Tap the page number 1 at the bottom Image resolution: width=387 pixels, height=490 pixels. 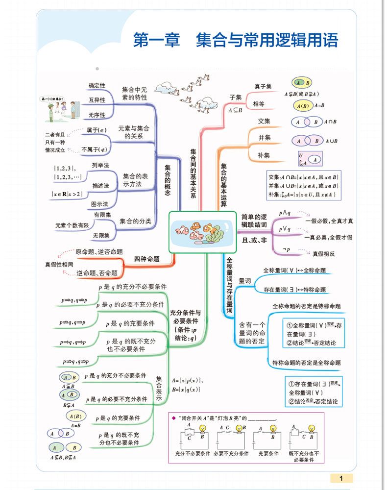coord(341,478)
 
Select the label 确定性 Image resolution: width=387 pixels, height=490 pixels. coord(97,86)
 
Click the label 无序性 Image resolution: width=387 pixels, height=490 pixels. coord(97,115)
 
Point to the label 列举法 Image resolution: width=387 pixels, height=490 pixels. coord(100,165)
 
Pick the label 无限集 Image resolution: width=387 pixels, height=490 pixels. coord(101,236)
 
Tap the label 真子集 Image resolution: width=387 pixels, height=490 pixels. coord(263,86)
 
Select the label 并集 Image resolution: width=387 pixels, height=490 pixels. coord(265,138)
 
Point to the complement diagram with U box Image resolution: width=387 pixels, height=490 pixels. coord(310,159)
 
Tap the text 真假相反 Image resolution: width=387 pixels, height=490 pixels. coord(324,253)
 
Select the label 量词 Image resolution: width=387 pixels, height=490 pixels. coord(244,281)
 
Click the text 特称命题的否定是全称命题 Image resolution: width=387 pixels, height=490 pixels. coord(306,363)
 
